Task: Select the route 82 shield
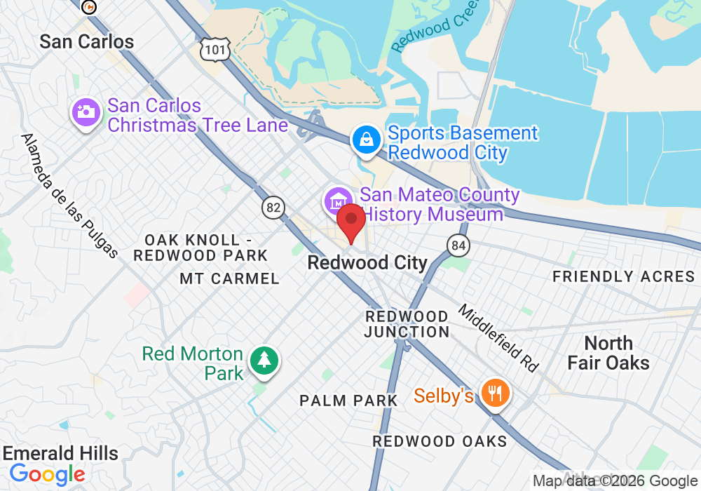pos(274,207)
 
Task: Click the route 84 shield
pos(458,245)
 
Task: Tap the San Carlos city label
pos(86,41)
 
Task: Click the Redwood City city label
pos(367,263)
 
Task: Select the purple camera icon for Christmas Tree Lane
pos(86,113)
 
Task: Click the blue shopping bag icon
pos(366,140)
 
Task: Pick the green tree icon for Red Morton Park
pos(264,360)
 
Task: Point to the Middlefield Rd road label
pos(498,337)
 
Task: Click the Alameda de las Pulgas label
pos(70,196)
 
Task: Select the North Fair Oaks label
pos(608,353)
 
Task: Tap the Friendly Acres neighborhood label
pos(623,276)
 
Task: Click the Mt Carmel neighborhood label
pos(229,278)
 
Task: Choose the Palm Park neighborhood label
pos(348,401)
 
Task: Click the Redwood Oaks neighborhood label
pos(440,441)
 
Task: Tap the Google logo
pos(47,474)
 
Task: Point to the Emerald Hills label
pos(60,452)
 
